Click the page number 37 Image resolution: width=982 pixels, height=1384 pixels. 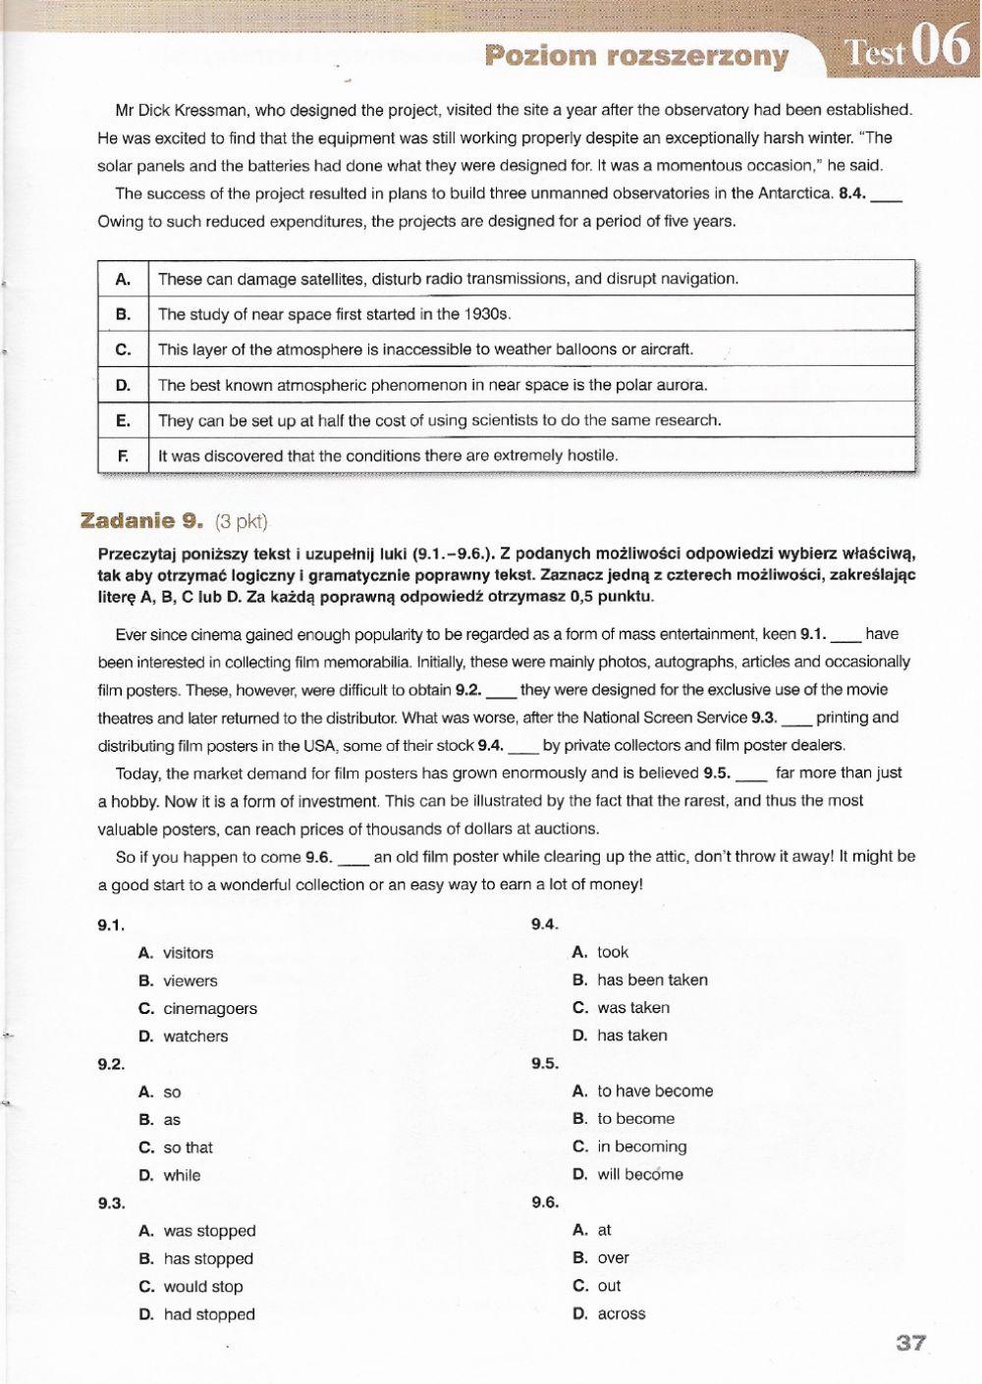point(910,1342)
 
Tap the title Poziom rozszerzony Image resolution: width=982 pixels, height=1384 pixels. point(637,56)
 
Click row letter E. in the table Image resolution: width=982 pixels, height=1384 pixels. point(123,420)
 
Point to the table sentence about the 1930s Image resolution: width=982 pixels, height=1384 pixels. point(334,314)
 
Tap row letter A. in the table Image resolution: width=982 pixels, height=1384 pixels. point(123,279)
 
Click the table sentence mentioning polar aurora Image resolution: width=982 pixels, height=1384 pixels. point(432,385)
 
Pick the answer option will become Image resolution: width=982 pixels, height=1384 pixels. point(639,1174)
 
